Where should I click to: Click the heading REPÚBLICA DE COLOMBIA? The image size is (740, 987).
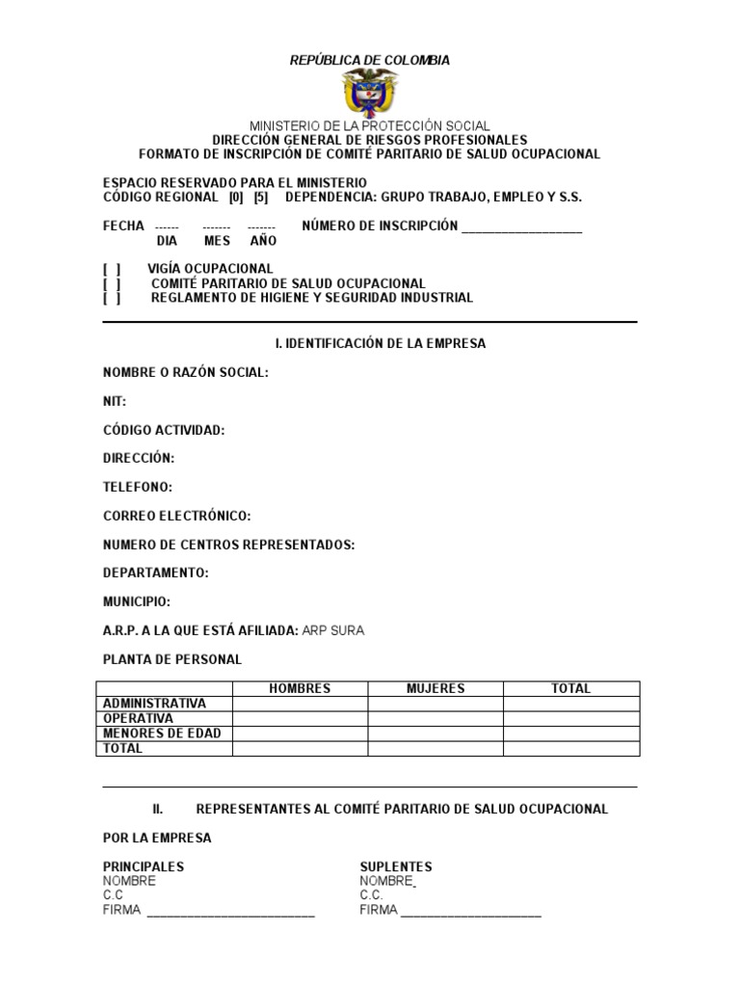[370, 61]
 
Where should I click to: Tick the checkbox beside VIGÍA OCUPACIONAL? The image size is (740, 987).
[112, 269]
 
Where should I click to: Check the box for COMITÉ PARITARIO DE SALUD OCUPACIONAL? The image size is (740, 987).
[112, 283]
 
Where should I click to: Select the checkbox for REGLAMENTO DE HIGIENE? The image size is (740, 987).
[112, 298]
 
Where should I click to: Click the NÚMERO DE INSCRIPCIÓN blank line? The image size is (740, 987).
[521, 228]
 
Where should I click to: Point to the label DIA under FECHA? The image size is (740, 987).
[167, 241]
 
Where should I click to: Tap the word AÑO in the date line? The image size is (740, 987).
[263, 241]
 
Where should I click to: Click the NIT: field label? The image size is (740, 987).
[115, 401]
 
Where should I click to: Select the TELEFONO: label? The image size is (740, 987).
[138, 488]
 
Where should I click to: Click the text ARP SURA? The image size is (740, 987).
[333, 631]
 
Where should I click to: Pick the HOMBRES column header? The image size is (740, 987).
[300, 689]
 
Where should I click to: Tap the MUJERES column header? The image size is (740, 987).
[436, 689]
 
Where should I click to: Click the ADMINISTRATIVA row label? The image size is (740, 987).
[154, 704]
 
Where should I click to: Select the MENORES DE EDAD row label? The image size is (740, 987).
[162, 734]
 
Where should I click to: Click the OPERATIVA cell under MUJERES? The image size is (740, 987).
[436, 719]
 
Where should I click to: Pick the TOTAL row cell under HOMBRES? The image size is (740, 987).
[300, 748]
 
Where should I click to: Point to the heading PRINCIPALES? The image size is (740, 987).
[144, 867]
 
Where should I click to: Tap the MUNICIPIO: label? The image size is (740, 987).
[137, 602]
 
